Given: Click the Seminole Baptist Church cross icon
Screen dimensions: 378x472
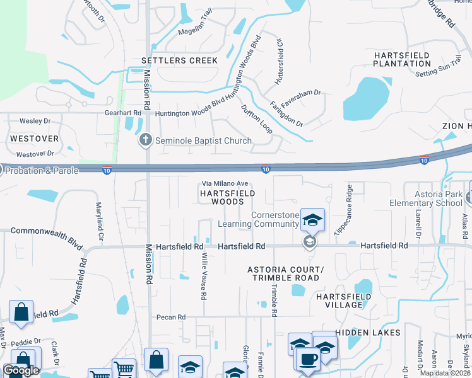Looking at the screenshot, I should (x=146, y=140).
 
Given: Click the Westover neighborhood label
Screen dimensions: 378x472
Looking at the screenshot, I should (x=34, y=138).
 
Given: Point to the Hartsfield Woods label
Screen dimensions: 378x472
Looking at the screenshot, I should (x=228, y=197).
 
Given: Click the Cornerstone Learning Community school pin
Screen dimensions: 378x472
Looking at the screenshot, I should (x=312, y=220).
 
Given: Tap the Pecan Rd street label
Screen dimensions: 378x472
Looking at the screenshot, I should (x=171, y=317).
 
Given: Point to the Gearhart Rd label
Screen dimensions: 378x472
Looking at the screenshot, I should (x=122, y=113).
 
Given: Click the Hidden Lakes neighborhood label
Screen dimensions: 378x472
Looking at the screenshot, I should (x=368, y=332).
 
